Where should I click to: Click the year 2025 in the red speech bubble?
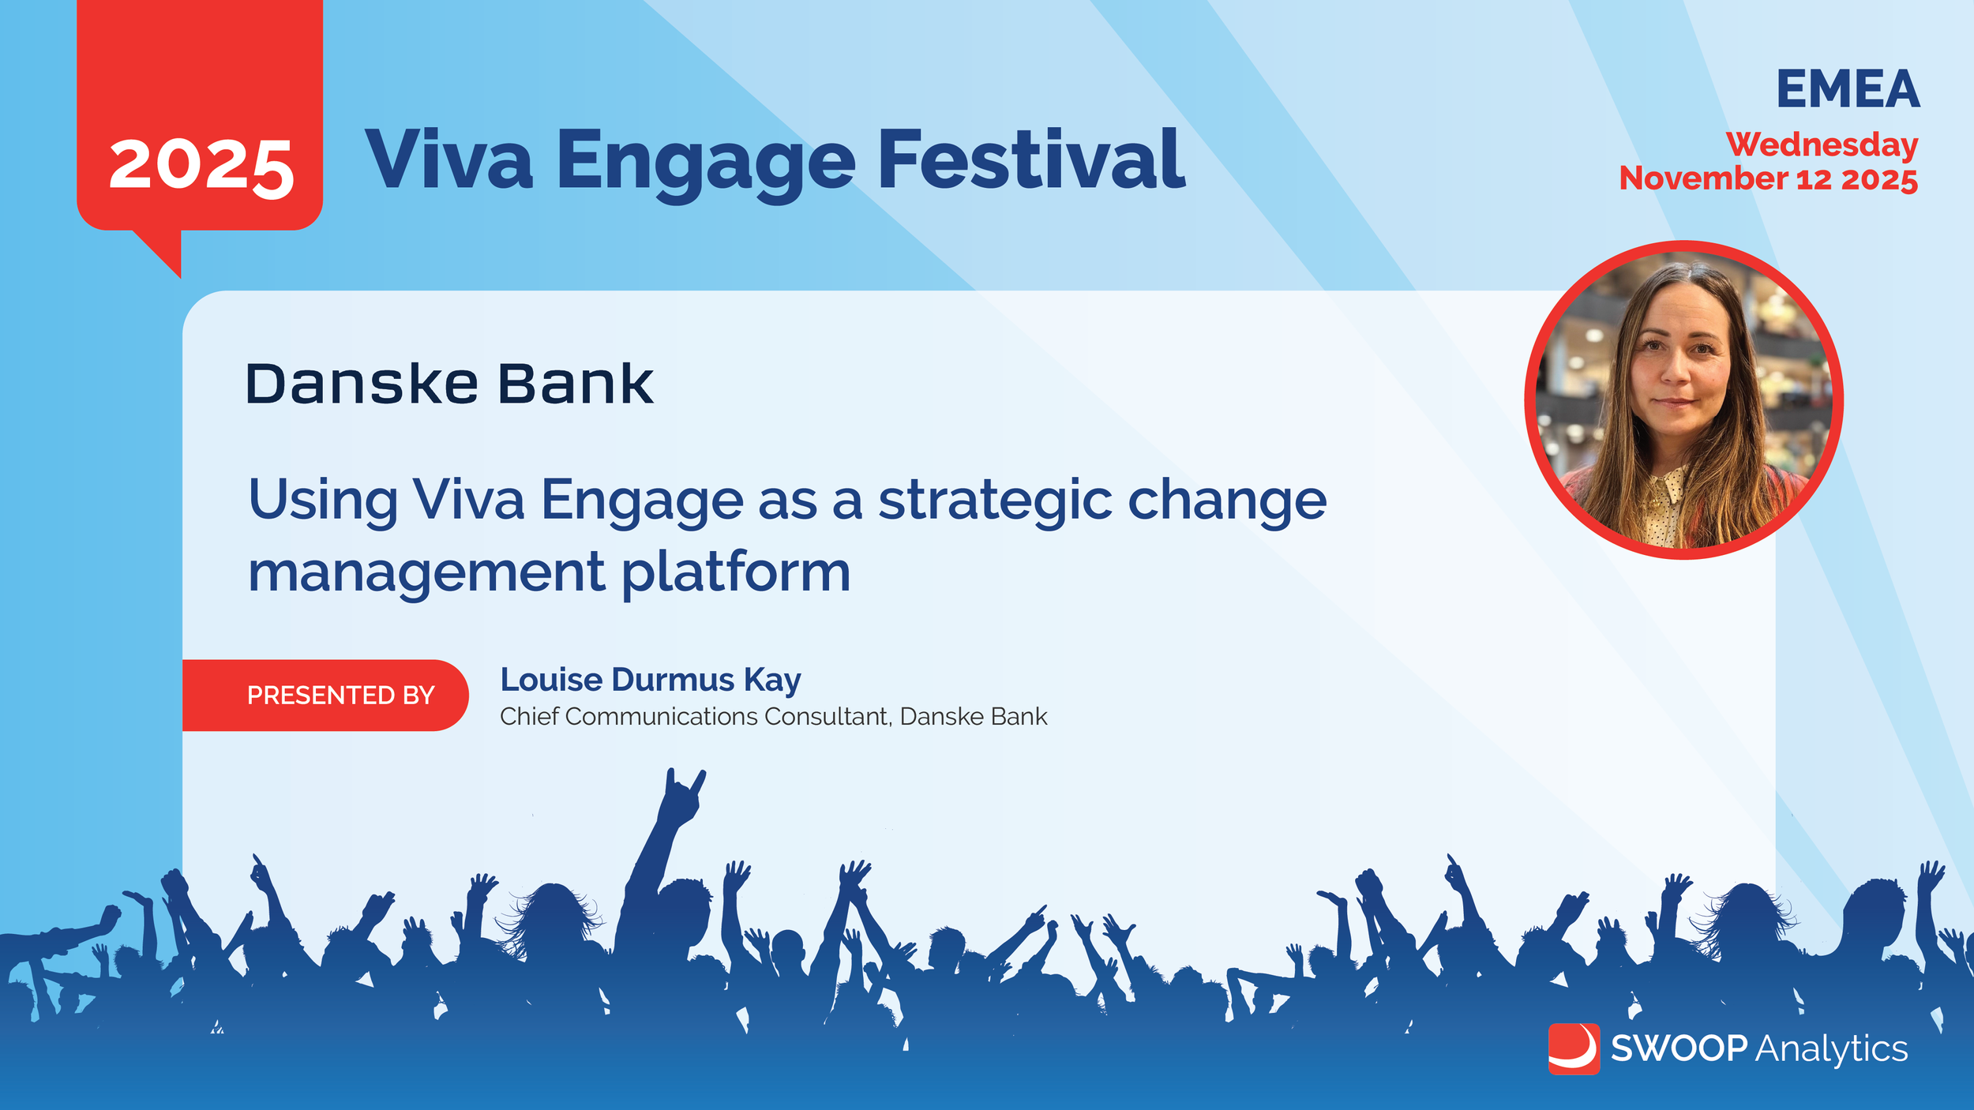click(201, 167)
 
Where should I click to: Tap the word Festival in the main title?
click(1031, 160)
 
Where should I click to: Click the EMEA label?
click(1848, 89)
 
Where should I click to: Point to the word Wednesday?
click(1822, 145)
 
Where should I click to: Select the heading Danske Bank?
click(449, 384)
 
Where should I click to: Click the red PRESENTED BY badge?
click(325, 695)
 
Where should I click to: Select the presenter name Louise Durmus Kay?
click(651, 681)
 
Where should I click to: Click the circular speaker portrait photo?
click(1683, 400)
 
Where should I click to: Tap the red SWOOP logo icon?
click(1574, 1048)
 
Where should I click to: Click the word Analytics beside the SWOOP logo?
click(1832, 1050)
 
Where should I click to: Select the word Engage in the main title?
click(706, 164)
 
